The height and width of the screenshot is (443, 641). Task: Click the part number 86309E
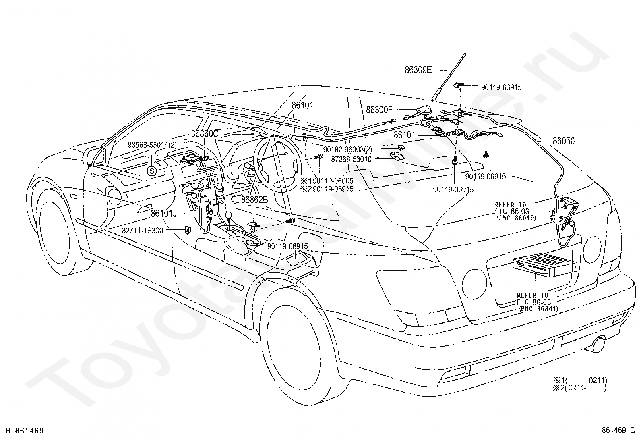418,70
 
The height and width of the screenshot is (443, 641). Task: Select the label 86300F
379,110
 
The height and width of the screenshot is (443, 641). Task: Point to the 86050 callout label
563,141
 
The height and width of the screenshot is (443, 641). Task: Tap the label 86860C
205,133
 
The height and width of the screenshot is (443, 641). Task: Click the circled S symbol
152,171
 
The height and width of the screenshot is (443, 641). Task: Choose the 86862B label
254,200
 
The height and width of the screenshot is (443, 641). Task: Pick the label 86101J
164,213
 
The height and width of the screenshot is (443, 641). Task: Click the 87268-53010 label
351,159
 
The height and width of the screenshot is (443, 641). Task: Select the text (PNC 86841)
538,309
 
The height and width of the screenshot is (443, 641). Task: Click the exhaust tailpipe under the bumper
600,344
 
